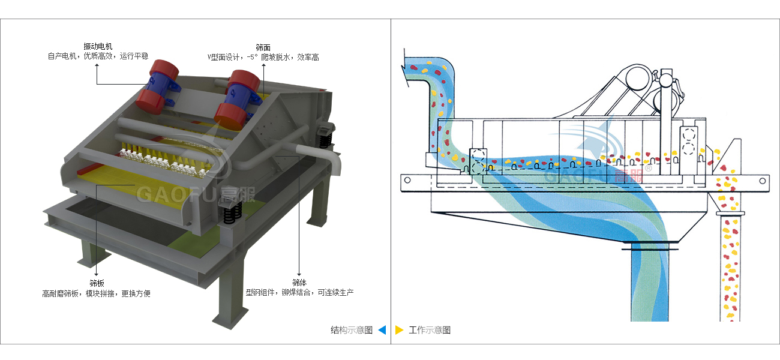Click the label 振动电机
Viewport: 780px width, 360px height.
tap(98, 46)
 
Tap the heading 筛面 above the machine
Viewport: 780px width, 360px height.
tap(263, 47)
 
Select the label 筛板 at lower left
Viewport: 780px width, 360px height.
tap(97, 283)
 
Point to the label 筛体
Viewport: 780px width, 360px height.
tap(299, 283)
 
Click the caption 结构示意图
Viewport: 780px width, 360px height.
tap(352, 330)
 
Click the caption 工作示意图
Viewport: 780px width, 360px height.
tap(430, 330)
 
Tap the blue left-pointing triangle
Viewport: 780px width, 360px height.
tap(382, 330)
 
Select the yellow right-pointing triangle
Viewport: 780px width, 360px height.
tap(400, 330)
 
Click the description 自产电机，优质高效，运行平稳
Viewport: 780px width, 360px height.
tap(98, 56)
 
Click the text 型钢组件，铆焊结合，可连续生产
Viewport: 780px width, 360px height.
tap(299, 293)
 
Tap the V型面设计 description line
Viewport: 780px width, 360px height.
tap(263, 58)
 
